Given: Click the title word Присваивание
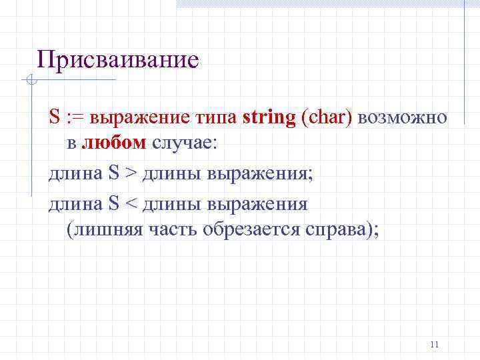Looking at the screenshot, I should coord(118,60).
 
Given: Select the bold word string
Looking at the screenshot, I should coord(269,117).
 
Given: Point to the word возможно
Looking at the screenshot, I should coord(403,118).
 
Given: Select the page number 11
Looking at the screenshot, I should coord(435,344).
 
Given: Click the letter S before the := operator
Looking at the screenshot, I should coord(54,117).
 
